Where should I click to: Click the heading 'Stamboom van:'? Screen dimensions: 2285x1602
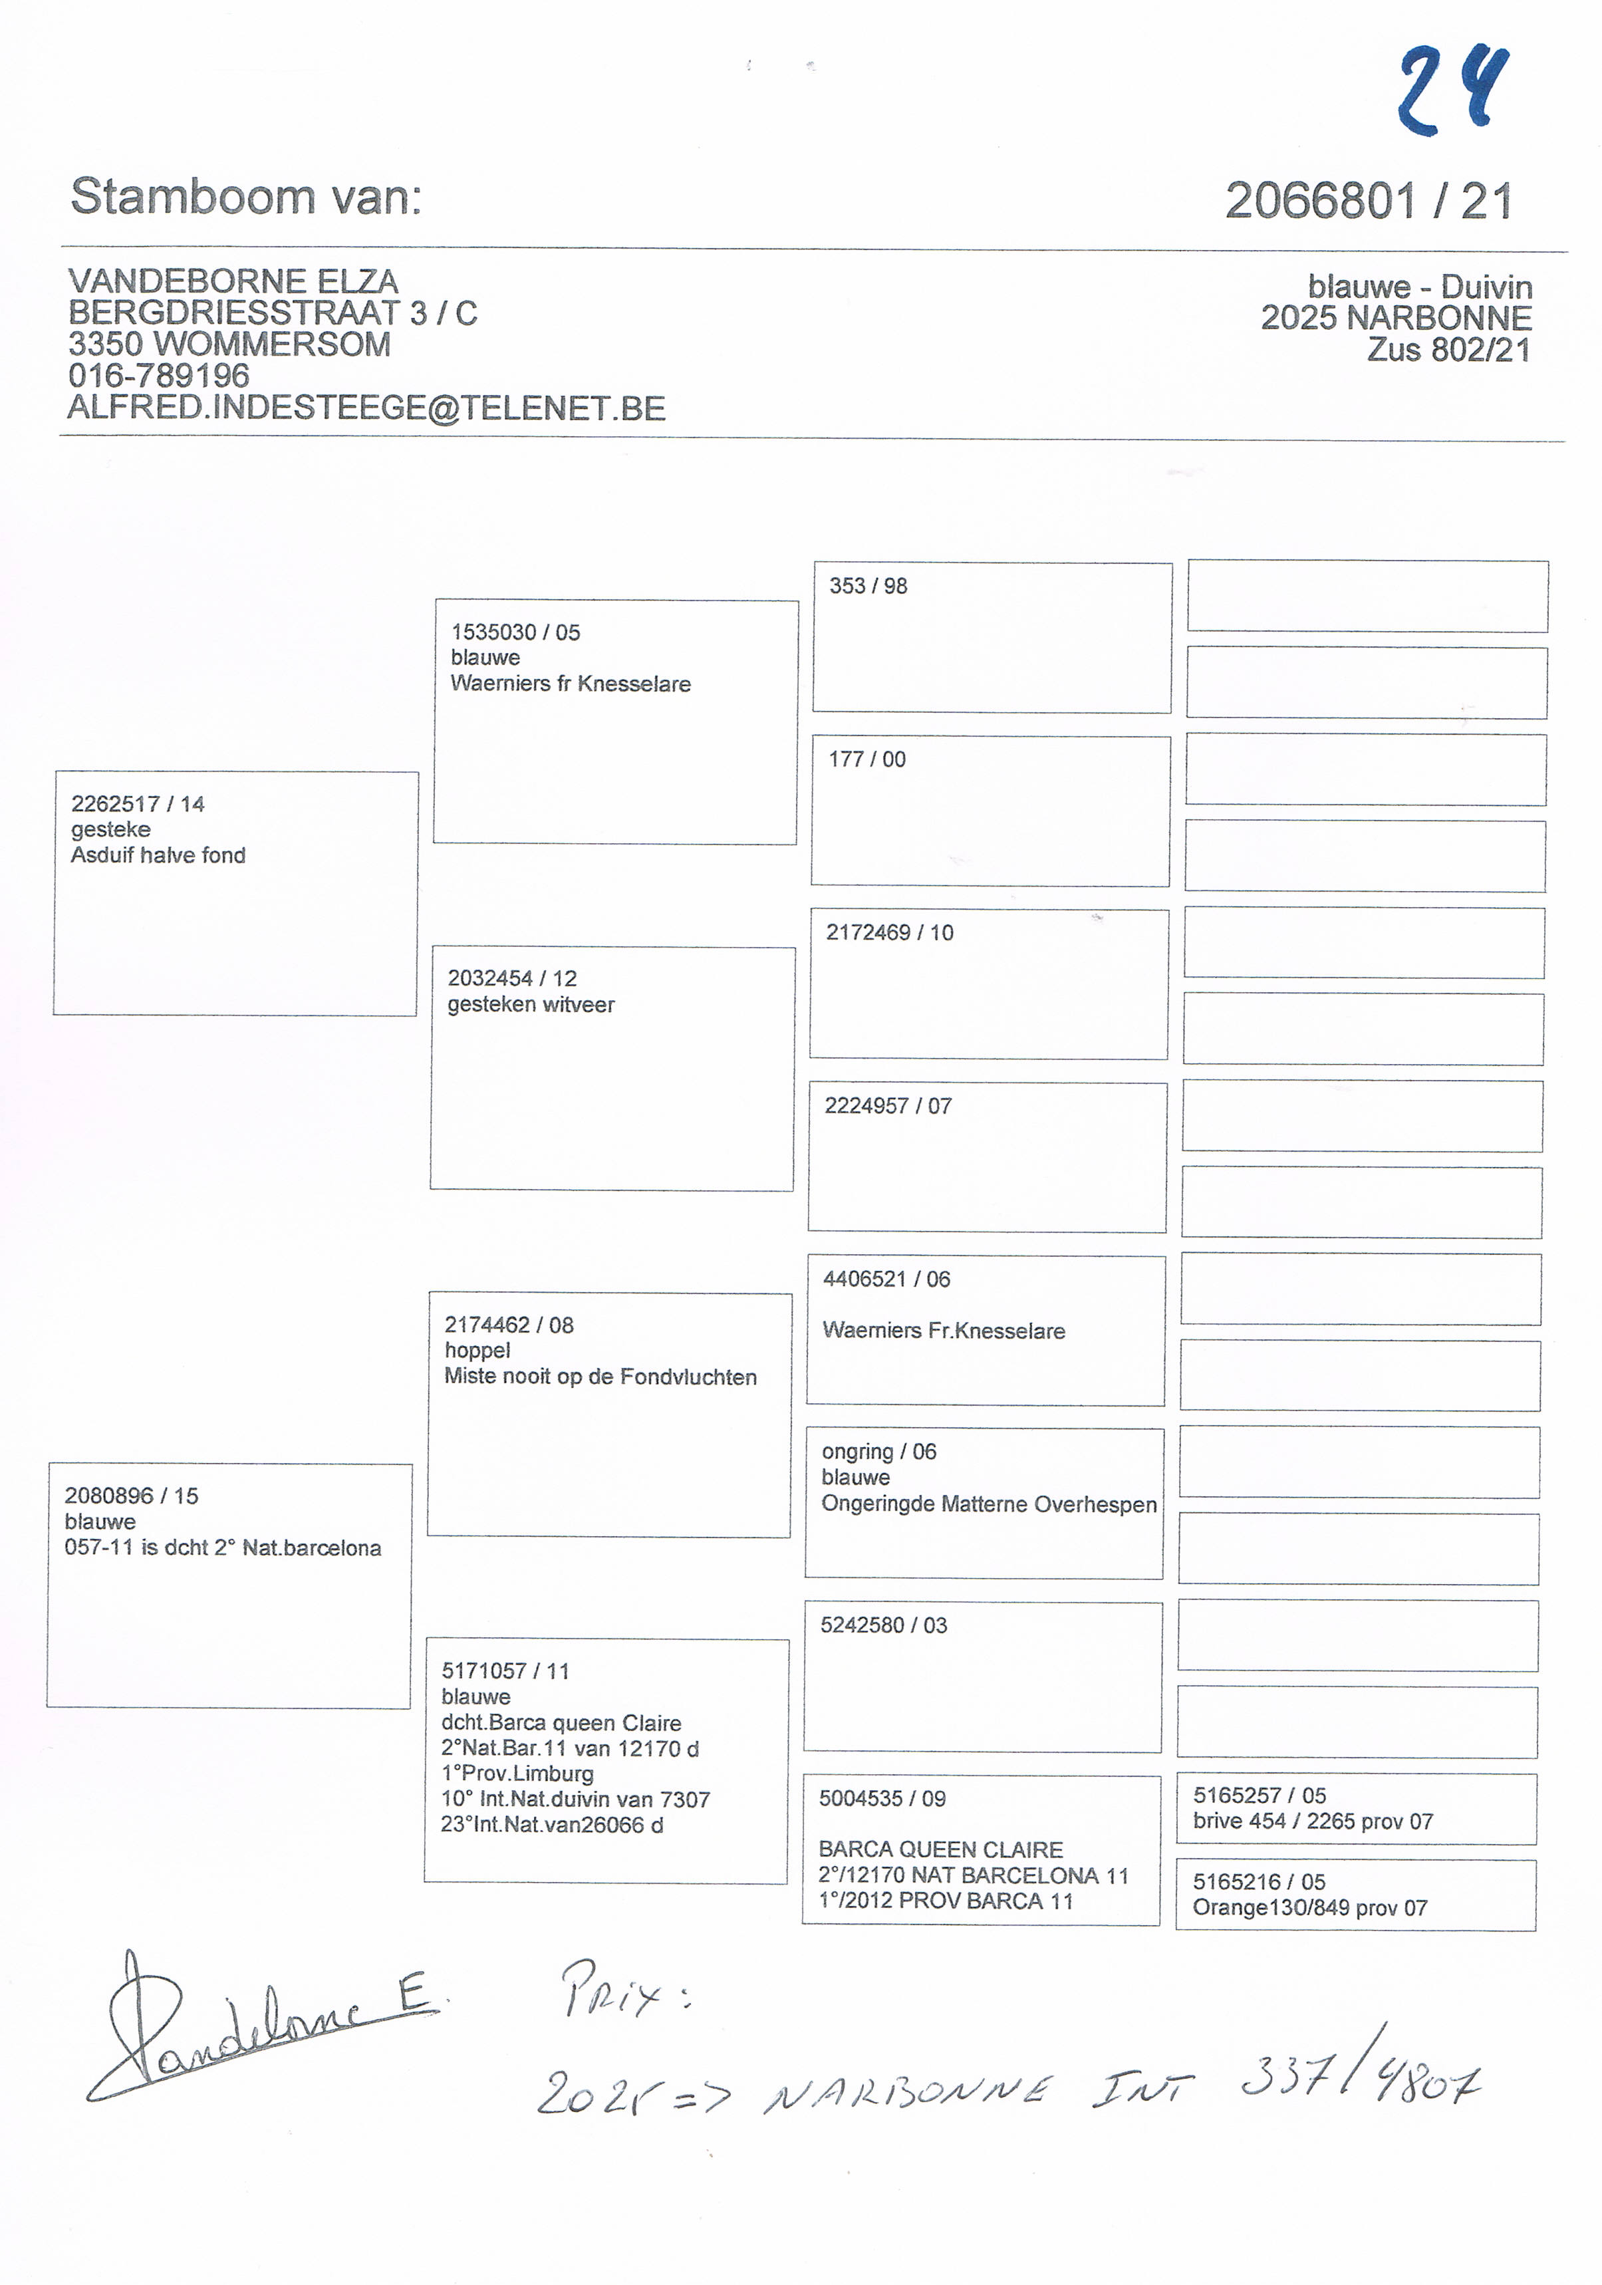pos(246,196)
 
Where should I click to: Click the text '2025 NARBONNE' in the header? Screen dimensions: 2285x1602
pos(1395,319)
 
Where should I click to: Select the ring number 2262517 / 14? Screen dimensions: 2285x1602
pos(137,804)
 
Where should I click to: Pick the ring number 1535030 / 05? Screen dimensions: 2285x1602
pos(515,632)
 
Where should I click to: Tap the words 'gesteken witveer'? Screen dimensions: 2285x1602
pos(531,1004)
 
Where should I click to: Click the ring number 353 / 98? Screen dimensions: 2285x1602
pos(868,586)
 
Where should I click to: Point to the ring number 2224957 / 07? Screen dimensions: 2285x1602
pos(888,1106)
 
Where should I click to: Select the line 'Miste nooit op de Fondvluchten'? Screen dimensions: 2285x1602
pos(600,1377)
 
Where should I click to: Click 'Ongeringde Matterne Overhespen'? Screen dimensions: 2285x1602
pos(988,1504)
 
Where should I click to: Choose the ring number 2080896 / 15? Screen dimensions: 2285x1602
pos(132,1496)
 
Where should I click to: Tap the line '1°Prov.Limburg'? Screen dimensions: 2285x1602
pos(517,1774)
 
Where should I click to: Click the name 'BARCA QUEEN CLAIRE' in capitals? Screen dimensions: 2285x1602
pos(940,1849)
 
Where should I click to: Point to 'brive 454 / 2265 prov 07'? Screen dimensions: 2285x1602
pos(1313,1821)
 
